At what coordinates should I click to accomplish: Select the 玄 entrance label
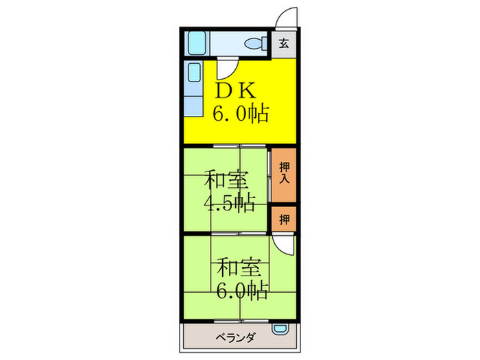284,45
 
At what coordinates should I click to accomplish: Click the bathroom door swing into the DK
226,69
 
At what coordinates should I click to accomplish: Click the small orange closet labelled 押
284,219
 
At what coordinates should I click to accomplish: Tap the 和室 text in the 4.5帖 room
226,182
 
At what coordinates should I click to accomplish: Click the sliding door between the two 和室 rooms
226,235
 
